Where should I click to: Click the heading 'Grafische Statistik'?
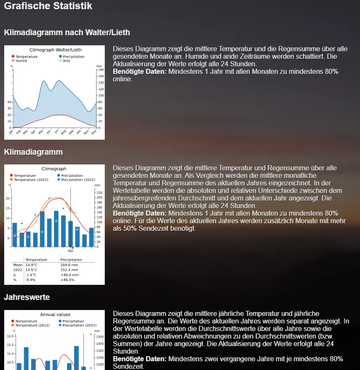(48, 6)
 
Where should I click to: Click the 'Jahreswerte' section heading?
(27, 297)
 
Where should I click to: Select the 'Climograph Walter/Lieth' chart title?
(55, 50)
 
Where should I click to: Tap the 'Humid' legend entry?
(21, 61)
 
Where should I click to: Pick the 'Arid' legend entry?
(66, 61)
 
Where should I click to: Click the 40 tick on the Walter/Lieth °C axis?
(9, 102)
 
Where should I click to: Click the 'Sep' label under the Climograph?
(70, 250)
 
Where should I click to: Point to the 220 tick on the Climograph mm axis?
(99, 193)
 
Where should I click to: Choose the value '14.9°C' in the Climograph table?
(31, 265)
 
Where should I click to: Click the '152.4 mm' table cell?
(70, 270)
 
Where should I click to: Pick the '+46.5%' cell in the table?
(67, 280)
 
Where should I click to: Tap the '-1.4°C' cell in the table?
(31, 275)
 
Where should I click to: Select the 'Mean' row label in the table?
(18, 265)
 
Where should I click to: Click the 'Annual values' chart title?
(55, 315)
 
